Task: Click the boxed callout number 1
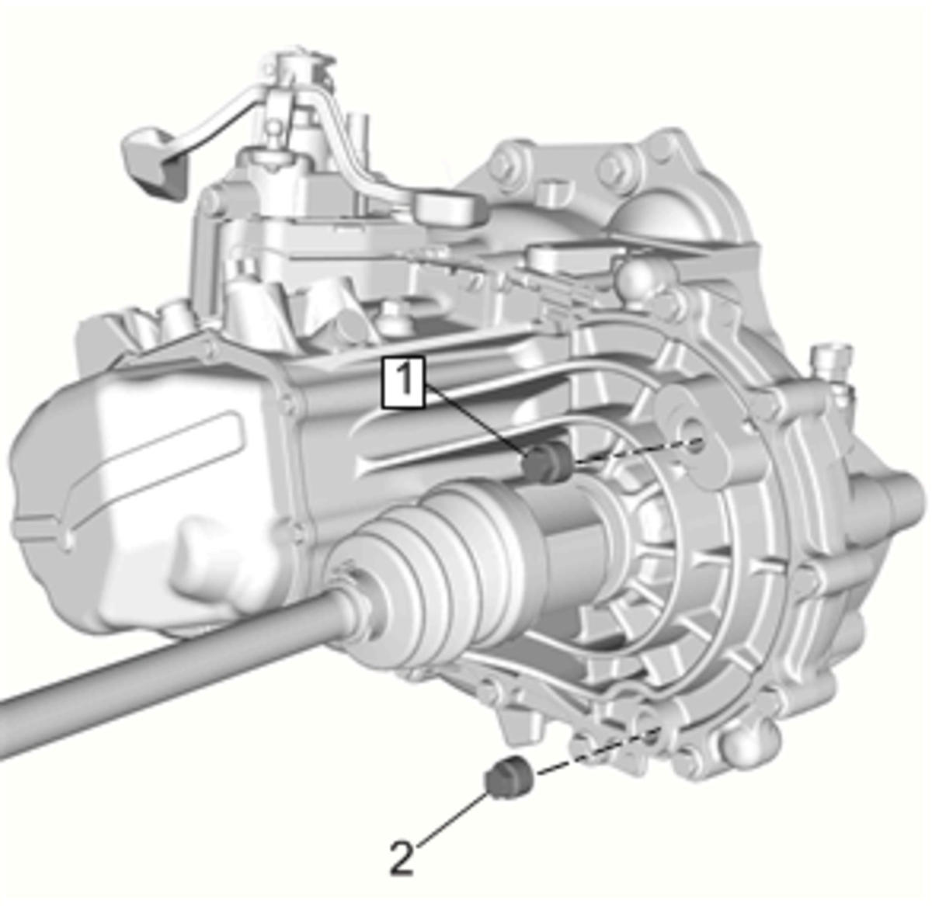coord(403,382)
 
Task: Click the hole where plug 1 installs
coord(696,443)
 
